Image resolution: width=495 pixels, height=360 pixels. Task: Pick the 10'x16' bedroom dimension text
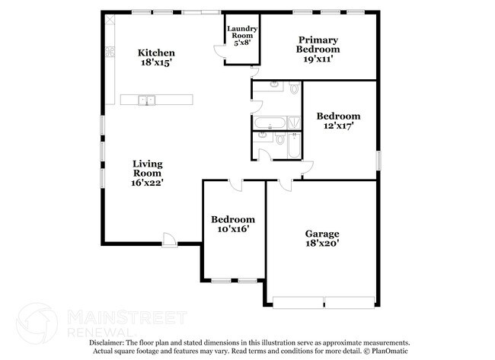tap(232, 228)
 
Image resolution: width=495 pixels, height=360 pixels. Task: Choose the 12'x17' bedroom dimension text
tap(338, 127)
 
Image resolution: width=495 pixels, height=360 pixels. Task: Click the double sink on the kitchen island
tap(147, 100)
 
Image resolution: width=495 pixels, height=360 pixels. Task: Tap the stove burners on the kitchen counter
tap(109, 53)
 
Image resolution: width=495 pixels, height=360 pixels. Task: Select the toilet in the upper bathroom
tap(294, 89)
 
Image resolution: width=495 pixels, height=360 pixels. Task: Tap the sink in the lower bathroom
tap(262, 137)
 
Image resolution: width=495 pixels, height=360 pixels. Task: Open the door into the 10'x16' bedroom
tap(235, 185)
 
